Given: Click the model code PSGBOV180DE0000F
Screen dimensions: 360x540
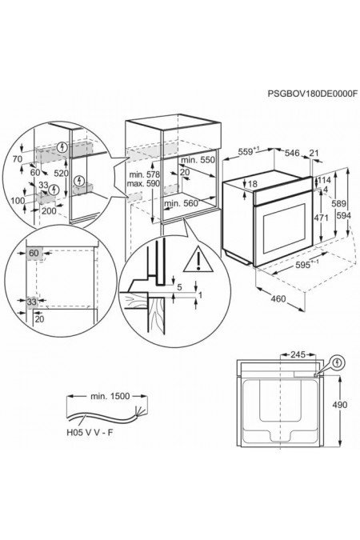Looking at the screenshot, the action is coord(313,94).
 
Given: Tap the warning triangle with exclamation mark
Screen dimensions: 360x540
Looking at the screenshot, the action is coord(198,259).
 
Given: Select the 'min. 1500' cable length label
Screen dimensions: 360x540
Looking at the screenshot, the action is coord(110,396).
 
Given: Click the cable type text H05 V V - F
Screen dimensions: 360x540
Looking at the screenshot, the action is coord(90,433).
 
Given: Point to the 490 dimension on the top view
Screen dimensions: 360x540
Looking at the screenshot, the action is coord(340,405).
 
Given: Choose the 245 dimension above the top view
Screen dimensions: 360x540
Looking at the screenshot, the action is coord(298,354).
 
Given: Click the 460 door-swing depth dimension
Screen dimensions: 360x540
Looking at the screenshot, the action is coord(278,298).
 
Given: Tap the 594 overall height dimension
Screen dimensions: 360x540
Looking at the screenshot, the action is coord(344,215).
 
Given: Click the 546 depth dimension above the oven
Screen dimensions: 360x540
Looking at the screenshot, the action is coord(292,153).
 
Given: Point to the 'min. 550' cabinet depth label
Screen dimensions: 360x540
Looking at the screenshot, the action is coord(198,160).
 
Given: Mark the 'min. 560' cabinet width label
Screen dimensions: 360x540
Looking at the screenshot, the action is coord(182,204).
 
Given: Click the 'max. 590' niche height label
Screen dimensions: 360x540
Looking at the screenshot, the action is coord(143,183).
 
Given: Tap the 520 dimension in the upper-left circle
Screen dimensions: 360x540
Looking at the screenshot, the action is coord(62,174).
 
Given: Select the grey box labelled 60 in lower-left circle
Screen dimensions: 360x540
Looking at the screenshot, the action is coord(34,254).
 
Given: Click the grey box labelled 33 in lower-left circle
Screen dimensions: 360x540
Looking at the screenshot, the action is coord(32,302).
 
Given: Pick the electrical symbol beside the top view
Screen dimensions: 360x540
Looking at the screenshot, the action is coord(338,362).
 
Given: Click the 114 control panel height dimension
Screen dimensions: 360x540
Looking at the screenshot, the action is coord(324,180).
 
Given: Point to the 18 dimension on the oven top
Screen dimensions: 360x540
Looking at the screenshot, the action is coord(253,184).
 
